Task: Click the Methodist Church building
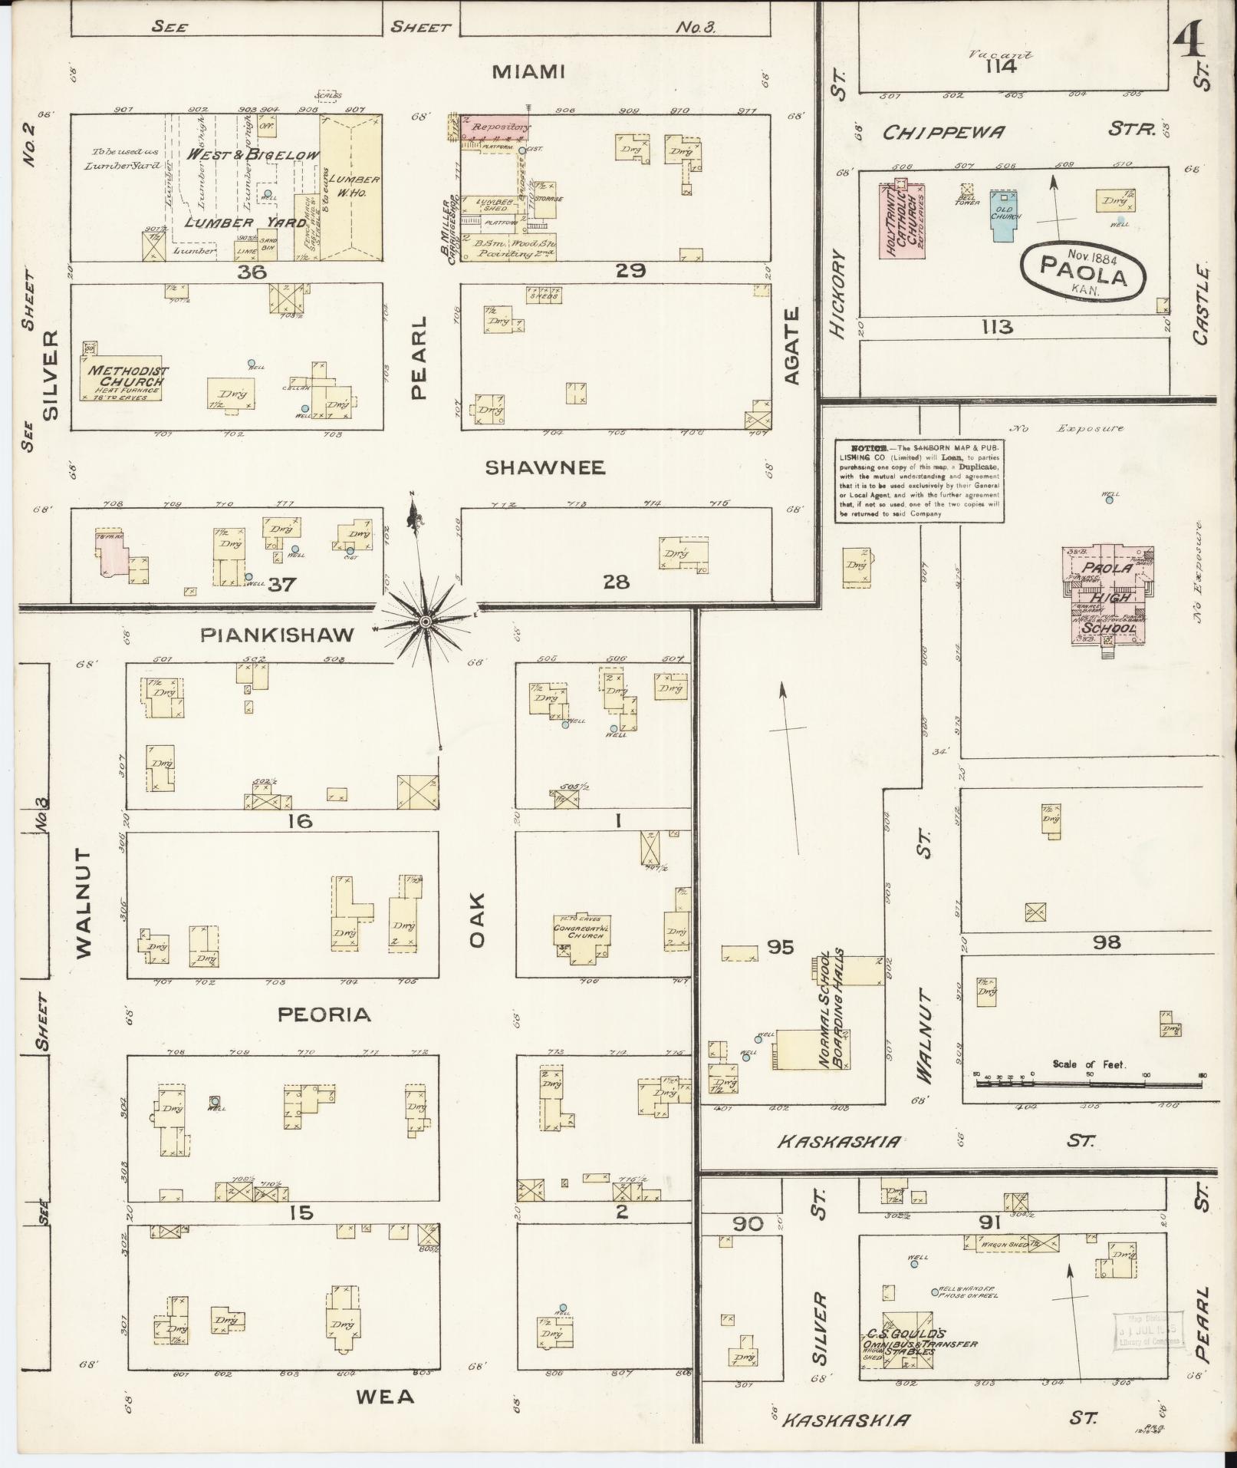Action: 124,378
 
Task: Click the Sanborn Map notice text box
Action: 920,480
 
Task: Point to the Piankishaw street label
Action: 277,635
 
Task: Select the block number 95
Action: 781,947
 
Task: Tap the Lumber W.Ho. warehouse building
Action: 350,188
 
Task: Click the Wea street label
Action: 385,1396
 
